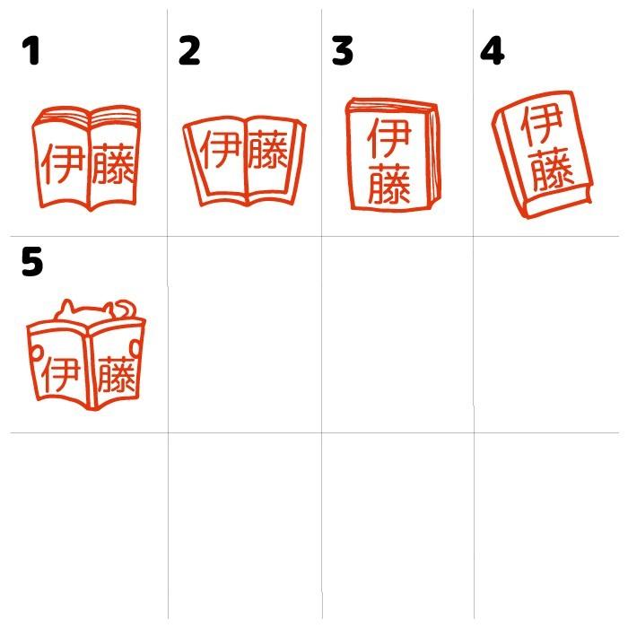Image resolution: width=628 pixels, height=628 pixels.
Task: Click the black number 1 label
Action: click(x=31, y=51)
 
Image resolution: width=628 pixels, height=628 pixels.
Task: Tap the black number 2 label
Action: click(x=188, y=51)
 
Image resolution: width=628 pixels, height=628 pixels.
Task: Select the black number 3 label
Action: click(x=342, y=51)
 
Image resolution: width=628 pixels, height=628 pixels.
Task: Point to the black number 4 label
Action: click(x=492, y=51)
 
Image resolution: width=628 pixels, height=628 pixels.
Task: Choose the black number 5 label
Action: click(x=32, y=262)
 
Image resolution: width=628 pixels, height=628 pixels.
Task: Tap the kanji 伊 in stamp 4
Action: click(x=538, y=126)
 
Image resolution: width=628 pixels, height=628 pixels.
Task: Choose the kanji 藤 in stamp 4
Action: click(x=550, y=170)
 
